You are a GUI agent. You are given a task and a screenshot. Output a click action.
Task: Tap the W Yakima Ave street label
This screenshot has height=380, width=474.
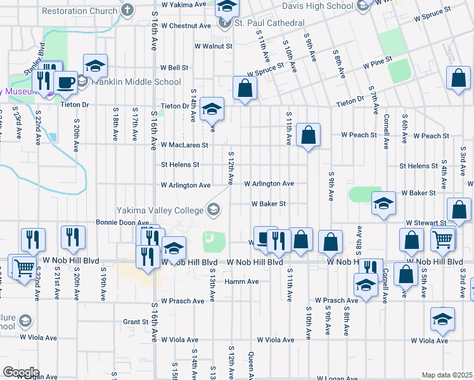point(184,4)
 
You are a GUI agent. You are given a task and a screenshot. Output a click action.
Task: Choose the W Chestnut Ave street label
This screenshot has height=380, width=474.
point(186,26)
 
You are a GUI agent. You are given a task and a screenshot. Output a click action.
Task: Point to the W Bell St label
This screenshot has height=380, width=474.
point(174,67)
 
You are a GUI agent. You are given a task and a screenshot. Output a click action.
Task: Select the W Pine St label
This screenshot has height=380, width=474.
point(378,65)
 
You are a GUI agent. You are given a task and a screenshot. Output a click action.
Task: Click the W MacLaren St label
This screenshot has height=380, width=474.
point(184,145)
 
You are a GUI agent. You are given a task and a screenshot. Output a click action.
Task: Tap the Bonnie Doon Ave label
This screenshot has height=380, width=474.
point(122,223)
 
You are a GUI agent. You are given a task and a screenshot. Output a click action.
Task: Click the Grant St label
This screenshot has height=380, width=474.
point(136,322)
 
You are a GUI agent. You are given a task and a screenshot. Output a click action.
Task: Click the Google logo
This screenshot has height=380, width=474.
point(21,372)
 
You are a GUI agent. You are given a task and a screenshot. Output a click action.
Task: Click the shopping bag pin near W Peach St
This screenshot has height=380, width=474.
point(308,135)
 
